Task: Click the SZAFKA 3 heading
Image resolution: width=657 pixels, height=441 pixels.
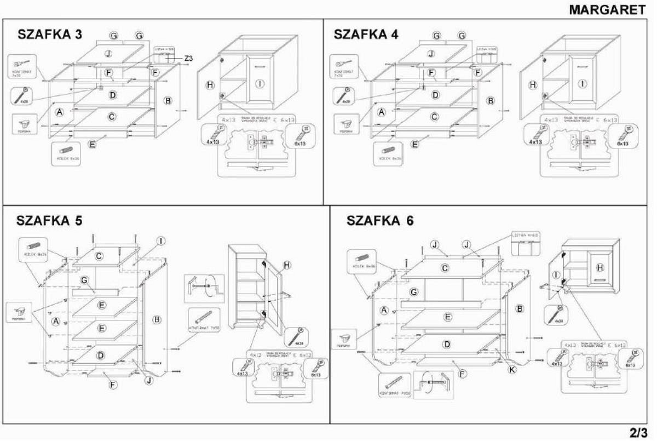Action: point(50,34)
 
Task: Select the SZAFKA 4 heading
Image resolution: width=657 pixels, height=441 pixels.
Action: point(366,34)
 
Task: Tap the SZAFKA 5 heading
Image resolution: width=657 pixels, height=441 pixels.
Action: point(50,221)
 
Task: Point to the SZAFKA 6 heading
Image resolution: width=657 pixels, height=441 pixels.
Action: point(381,221)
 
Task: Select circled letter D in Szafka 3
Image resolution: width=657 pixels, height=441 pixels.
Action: point(113,95)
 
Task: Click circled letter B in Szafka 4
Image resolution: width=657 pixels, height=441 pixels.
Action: point(491,100)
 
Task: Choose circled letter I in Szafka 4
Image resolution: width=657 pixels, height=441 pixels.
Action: point(583,84)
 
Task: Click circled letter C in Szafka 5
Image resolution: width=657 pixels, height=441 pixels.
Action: point(99,256)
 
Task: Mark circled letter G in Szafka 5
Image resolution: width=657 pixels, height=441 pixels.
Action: point(84,280)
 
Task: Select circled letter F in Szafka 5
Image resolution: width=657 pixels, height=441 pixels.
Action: point(113,385)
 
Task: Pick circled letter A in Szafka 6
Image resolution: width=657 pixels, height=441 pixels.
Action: point(384,311)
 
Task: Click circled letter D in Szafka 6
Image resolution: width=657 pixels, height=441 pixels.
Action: point(447,344)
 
